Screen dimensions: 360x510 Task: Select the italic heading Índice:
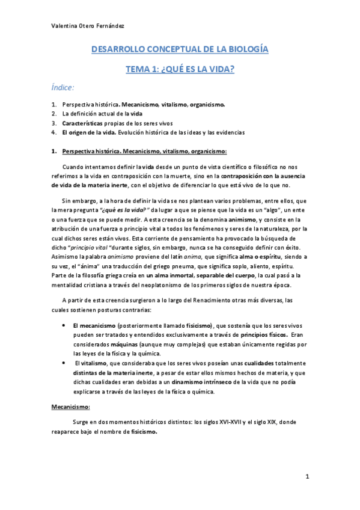tap(63, 88)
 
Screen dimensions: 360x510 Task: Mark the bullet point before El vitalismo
tap(64, 363)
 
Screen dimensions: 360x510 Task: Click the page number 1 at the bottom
tap(307, 477)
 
